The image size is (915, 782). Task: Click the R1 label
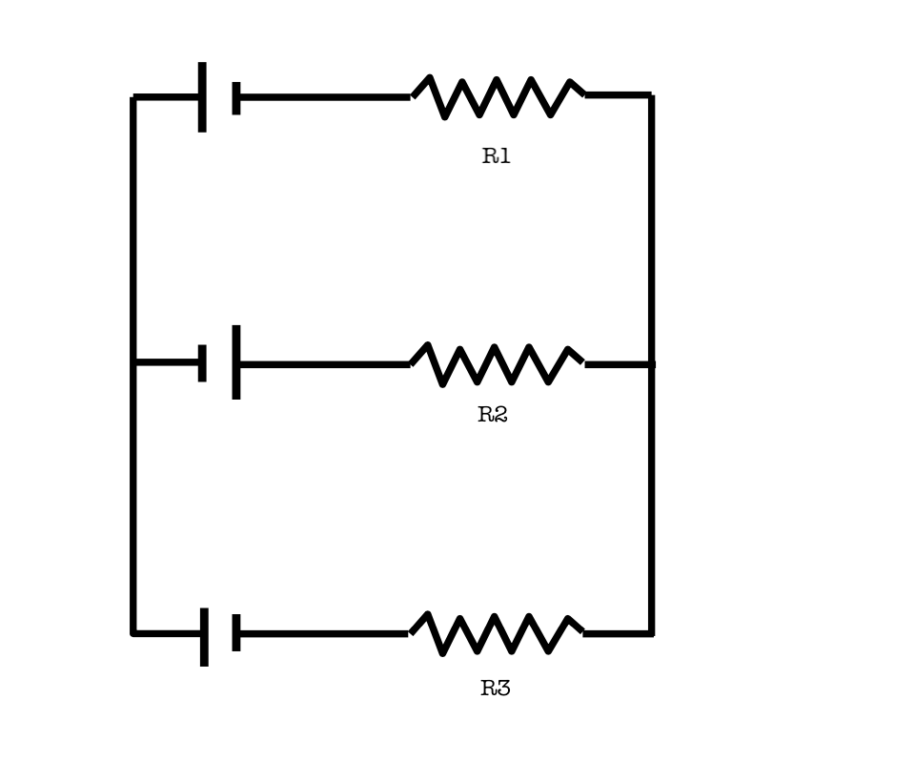click(496, 157)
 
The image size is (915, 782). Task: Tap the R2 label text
click(493, 415)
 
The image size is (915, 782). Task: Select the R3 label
click(495, 689)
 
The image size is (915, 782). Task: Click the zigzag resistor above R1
click(498, 97)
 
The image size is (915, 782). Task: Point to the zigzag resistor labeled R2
click(497, 364)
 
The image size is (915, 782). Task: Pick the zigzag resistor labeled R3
click(497, 634)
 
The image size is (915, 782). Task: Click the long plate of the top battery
click(202, 97)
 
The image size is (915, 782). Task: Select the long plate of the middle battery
click(235, 362)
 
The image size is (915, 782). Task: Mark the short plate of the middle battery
click(202, 362)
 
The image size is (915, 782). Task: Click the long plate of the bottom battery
click(204, 637)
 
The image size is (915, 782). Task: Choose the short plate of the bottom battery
click(236, 633)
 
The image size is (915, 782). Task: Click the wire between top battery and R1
click(324, 97)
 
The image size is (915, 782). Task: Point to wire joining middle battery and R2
click(324, 364)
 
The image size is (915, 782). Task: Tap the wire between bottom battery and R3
click(324, 633)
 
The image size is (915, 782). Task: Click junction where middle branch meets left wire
click(133, 362)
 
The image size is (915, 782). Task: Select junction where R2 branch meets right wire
click(651, 364)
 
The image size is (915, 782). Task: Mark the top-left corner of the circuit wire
click(133, 97)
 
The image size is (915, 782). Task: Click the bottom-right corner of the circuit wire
click(651, 633)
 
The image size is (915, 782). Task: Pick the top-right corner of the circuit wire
click(651, 95)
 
